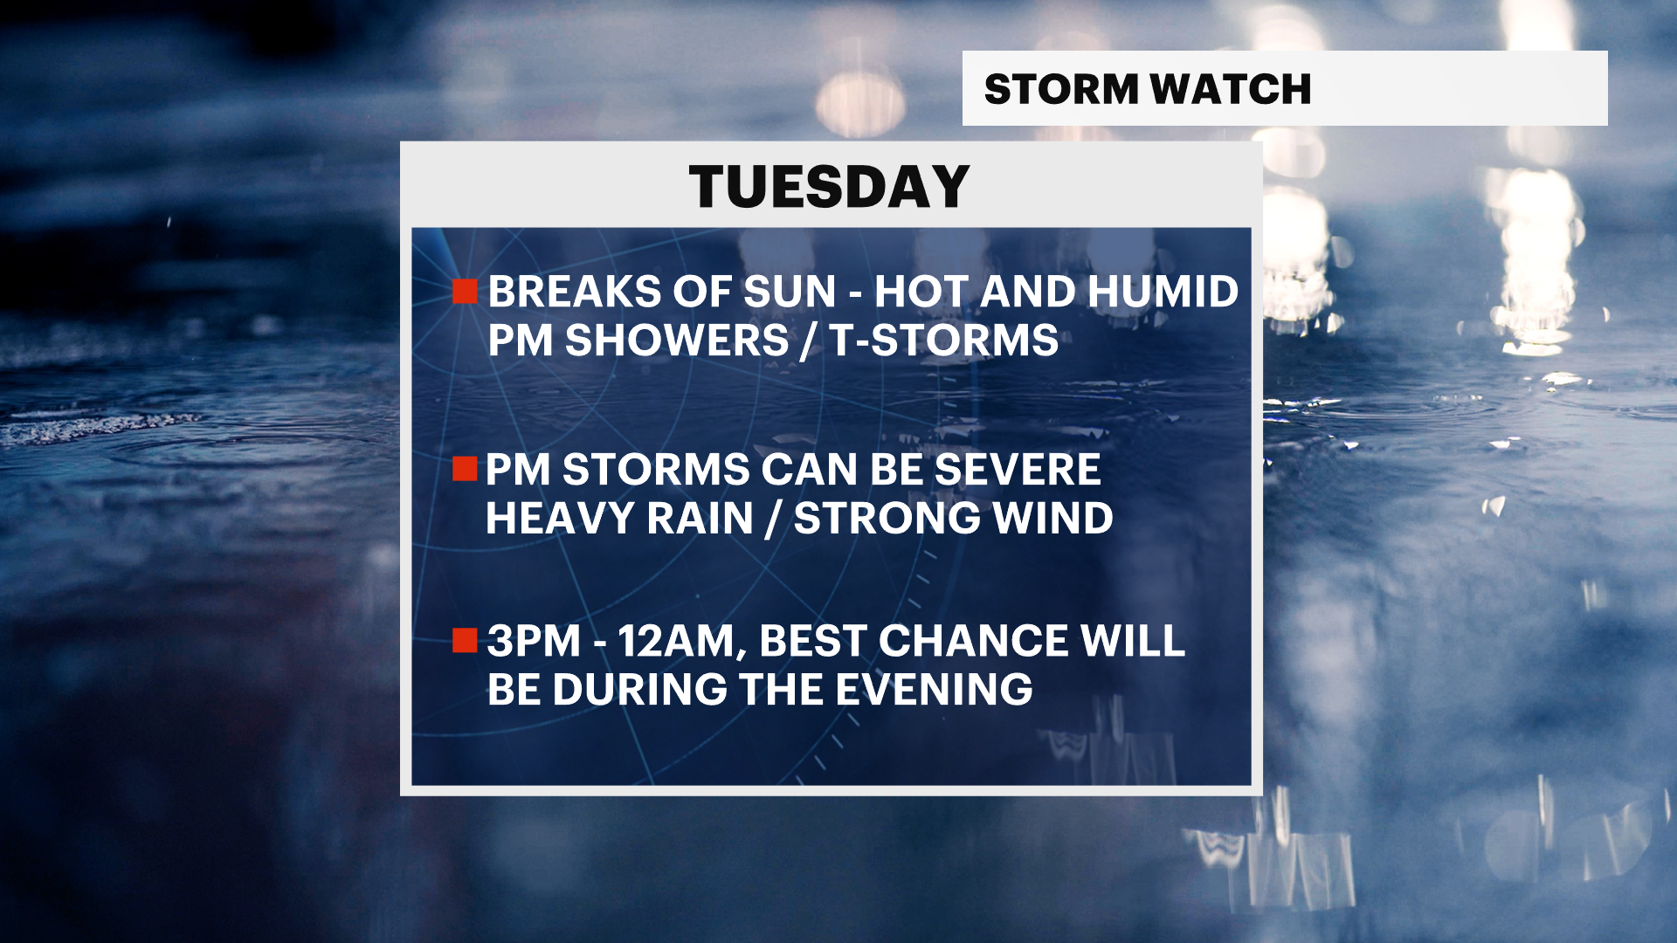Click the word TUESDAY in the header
[829, 186]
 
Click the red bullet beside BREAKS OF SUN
[465, 291]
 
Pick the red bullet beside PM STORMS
[465, 469]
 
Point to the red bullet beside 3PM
[465, 640]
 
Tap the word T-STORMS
[944, 341]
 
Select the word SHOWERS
[676, 341]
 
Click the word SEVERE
[1018, 470]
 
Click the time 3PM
[534, 641]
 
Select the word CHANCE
[972, 641]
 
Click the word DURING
[640, 690]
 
